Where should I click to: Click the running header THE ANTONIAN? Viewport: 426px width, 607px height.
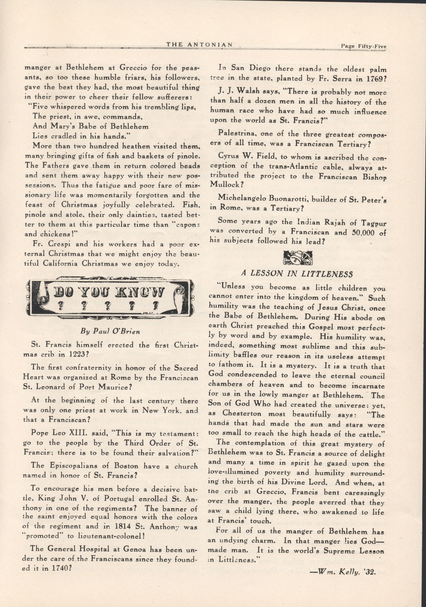(x=199, y=44)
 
